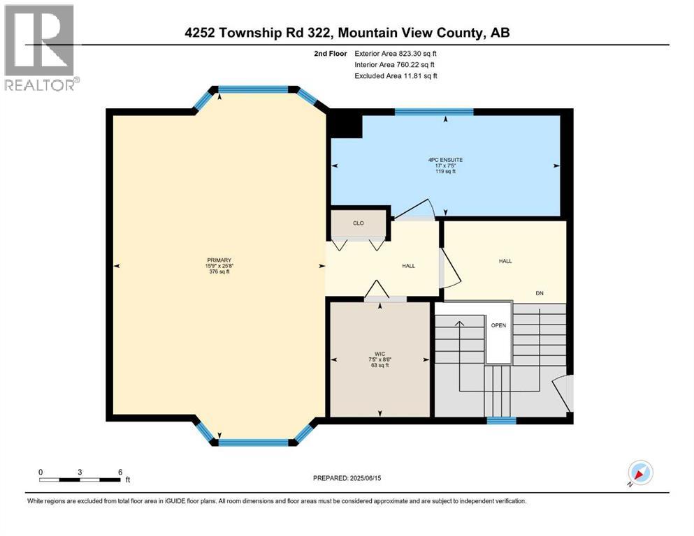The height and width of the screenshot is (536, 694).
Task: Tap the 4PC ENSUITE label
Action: click(x=445, y=159)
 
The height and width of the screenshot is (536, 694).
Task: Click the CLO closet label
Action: click(x=358, y=224)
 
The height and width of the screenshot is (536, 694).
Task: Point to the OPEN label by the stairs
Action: click(x=498, y=325)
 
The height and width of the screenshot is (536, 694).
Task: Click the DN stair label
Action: click(x=540, y=294)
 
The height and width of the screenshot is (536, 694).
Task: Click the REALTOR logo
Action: click(x=41, y=49)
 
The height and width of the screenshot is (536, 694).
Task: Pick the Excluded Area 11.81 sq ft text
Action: click(x=396, y=75)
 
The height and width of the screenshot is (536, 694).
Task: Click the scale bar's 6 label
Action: click(x=120, y=472)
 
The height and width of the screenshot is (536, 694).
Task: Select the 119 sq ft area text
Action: click(x=445, y=171)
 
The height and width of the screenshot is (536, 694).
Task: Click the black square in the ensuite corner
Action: click(x=346, y=126)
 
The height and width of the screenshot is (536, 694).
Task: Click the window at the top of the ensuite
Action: click(x=434, y=111)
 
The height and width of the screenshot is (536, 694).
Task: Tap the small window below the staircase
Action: click(x=501, y=420)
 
